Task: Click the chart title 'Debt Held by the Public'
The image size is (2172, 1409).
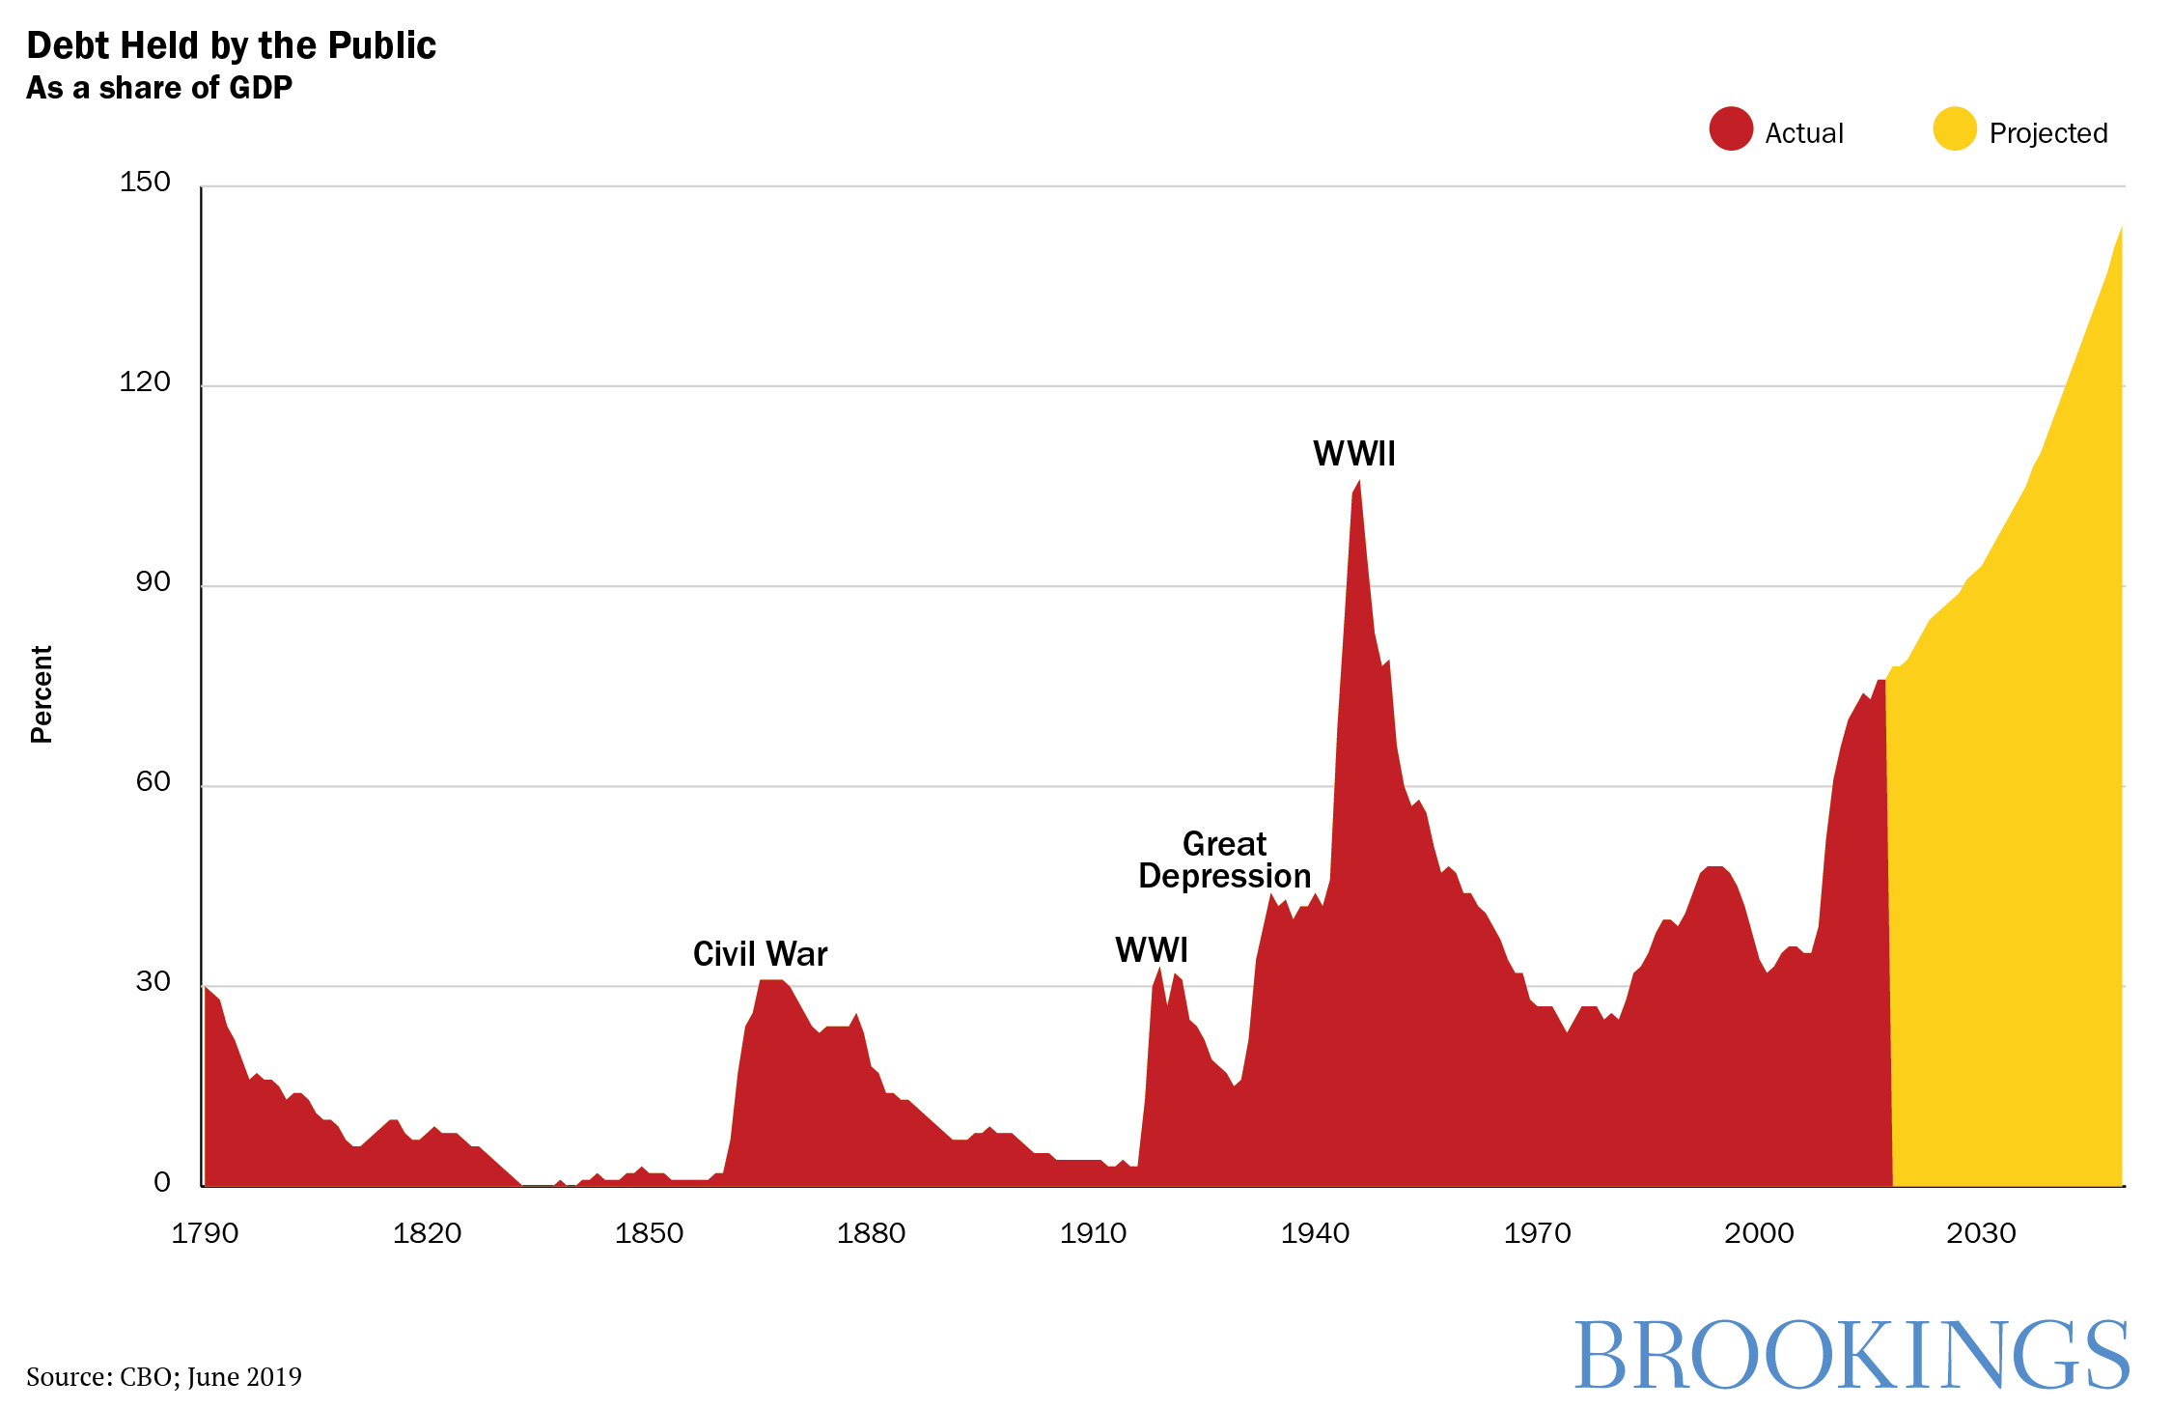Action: pos(231,45)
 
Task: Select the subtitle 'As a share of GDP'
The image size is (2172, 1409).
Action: pos(159,88)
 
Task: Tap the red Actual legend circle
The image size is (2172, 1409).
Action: pos(1730,128)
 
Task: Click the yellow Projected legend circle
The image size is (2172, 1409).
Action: pos(1955,128)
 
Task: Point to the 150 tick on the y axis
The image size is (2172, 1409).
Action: pos(145,182)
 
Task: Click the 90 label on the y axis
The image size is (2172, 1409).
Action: pos(153,581)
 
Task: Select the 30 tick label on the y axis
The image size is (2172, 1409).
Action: pos(153,981)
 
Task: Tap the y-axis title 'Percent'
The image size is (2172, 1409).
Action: pos(42,693)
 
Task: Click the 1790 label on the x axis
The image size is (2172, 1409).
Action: pos(205,1233)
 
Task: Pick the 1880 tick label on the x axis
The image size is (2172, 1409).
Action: pos(871,1233)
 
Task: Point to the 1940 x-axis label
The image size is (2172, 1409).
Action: pos(1315,1233)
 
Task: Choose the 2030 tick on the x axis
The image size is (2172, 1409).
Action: pos(1981,1233)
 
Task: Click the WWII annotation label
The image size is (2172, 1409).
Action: pos(1353,454)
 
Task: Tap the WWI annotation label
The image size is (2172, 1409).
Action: pos(1151,950)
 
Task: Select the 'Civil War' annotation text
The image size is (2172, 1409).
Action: pos(760,954)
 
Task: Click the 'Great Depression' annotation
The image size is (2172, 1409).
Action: pos(1224,859)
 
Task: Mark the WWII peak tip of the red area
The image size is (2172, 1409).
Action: pos(1359,482)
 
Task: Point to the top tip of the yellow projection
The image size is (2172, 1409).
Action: pos(2121,228)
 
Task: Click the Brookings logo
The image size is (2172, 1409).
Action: pos(1851,1355)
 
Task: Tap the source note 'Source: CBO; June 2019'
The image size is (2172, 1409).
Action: pos(164,1376)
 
